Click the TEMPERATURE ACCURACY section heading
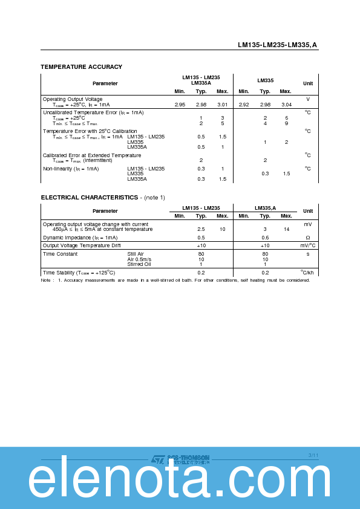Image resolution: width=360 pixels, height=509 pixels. [x=81, y=66]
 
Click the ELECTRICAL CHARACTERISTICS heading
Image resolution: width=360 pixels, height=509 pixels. [x=90, y=197]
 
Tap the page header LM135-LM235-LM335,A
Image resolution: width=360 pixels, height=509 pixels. [x=278, y=45]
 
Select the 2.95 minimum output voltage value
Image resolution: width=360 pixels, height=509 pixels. [x=180, y=105]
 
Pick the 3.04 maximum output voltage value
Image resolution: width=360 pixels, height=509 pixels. [x=286, y=105]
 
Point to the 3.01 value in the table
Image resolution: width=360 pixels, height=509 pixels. [x=222, y=105]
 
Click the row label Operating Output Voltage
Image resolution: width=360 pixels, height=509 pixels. [x=73, y=99]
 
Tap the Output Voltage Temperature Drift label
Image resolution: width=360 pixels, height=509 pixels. [x=82, y=245]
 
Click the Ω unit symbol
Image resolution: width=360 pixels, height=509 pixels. [x=307, y=238]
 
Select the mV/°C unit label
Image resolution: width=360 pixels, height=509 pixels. [x=307, y=245]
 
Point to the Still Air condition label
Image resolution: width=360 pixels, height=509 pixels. [x=136, y=254]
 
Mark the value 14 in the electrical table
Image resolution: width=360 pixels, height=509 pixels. [x=286, y=229]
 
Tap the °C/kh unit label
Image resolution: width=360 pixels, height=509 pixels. [x=307, y=273]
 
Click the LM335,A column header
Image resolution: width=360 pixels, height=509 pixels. [x=265, y=207]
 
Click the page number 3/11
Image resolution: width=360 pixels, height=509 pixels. [x=313, y=455]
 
